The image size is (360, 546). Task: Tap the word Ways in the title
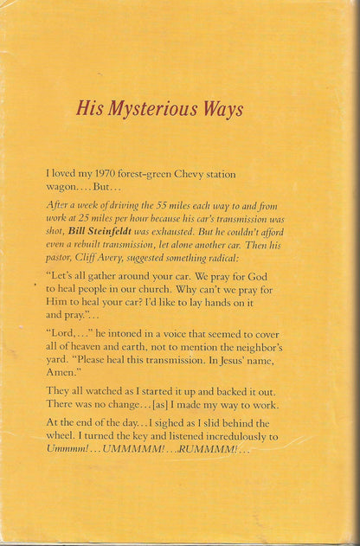point(222,109)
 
